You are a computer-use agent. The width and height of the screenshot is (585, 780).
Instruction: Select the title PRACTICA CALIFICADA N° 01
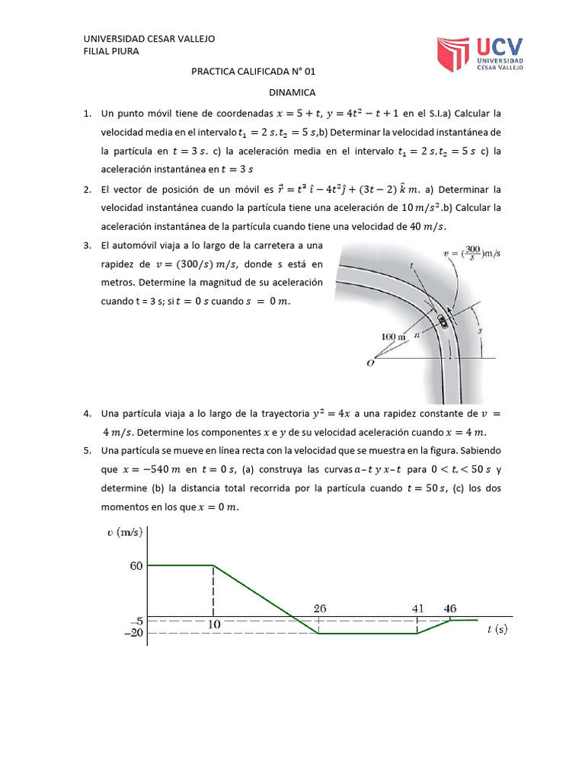(x=253, y=72)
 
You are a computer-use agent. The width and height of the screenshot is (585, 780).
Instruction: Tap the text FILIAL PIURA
(x=110, y=51)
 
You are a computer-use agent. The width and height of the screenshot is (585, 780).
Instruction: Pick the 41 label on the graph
(x=417, y=609)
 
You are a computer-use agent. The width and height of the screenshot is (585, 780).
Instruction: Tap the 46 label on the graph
(x=451, y=609)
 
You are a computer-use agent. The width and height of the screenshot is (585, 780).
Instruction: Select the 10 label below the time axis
(x=214, y=623)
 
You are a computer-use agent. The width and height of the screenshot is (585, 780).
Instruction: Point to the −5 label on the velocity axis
(x=135, y=621)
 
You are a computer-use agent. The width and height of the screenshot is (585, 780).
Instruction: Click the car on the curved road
(x=443, y=321)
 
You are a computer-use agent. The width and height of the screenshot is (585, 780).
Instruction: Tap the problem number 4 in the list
(x=88, y=414)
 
